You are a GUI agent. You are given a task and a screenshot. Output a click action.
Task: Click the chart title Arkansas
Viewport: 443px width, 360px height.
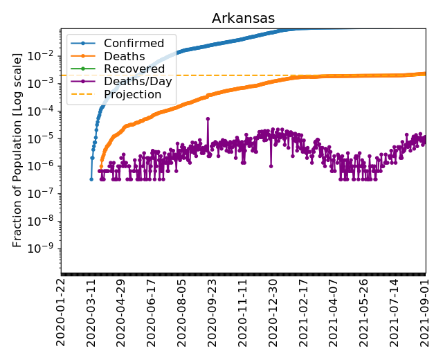243,18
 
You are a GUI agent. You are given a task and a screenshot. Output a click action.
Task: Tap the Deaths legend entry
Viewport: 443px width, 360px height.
124,56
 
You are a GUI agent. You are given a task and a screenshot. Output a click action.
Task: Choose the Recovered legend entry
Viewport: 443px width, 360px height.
134,69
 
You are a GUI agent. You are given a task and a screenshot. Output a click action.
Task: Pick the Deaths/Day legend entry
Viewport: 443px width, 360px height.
138,81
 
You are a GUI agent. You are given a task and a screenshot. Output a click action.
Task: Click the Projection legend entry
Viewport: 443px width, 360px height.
132,94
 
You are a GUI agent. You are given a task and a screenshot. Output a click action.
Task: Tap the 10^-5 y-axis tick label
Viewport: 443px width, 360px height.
46,138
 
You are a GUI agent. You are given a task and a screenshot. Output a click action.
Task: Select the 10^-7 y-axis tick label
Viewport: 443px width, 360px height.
46,193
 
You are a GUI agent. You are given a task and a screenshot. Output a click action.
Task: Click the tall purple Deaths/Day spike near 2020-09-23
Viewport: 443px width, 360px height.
208,119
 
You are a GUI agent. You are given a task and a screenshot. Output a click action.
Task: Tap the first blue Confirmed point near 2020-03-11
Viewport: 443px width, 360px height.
91,179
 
